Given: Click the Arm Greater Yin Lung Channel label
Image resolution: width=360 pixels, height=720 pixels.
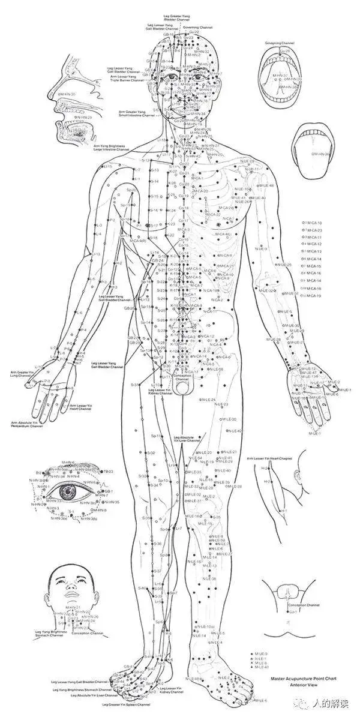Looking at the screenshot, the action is [x=21, y=375].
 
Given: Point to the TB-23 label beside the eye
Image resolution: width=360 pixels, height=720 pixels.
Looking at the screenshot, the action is [x=108, y=472].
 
